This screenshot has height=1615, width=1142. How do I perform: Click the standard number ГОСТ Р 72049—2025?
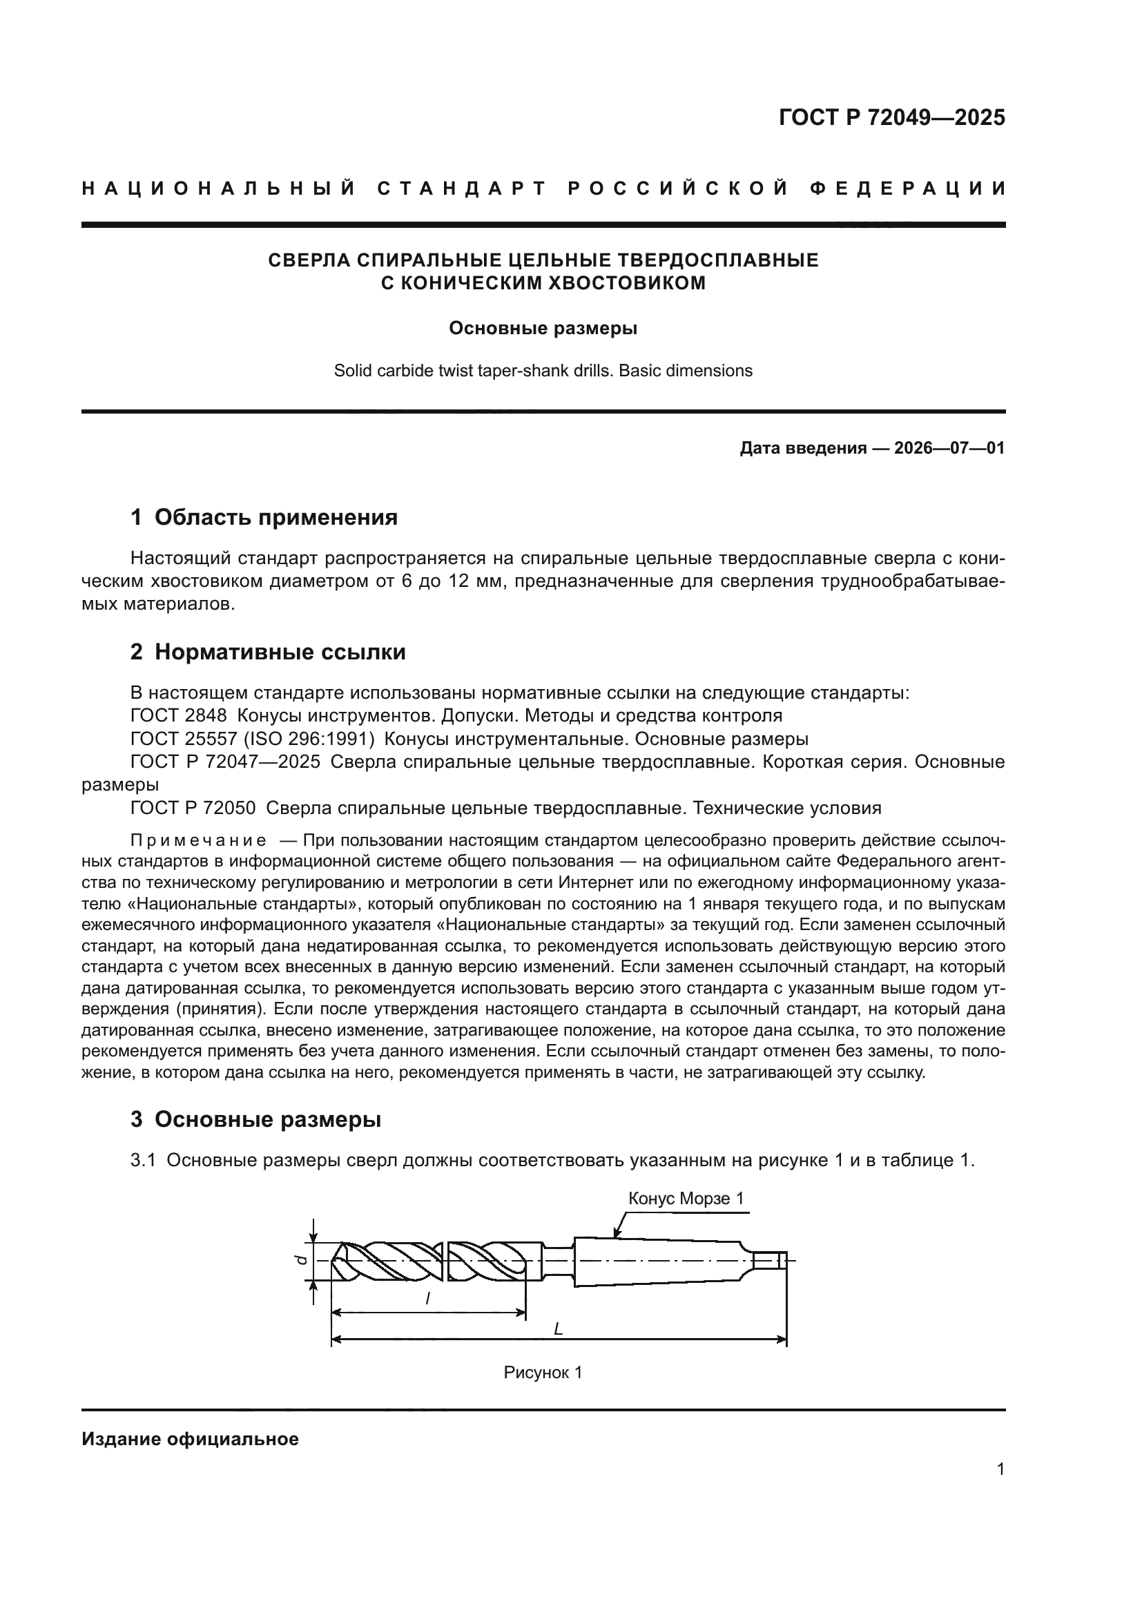click(x=891, y=117)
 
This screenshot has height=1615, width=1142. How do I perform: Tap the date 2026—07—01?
click(x=949, y=448)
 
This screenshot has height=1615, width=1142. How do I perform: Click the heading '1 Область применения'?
click(x=264, y=518)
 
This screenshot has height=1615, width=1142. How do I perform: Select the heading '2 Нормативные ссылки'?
click(x=268, y=652)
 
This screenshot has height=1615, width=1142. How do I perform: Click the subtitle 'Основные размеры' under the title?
click(x=543, y=329)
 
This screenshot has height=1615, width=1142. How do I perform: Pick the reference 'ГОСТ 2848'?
click(x=179, y=716)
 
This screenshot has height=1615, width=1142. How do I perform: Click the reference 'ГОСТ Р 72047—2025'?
click(x=225, y=762)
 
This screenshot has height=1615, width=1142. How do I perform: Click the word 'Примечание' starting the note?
click(x=198, y=840)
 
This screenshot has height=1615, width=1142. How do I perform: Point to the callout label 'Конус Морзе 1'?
click(x=686, y=1199)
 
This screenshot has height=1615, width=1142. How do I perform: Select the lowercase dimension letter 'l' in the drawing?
click(x=427, y=1300)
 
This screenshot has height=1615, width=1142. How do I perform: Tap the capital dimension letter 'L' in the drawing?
click(x=558, y=1328)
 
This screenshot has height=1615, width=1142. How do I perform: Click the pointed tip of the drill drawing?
click(x=333, y=1260)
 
